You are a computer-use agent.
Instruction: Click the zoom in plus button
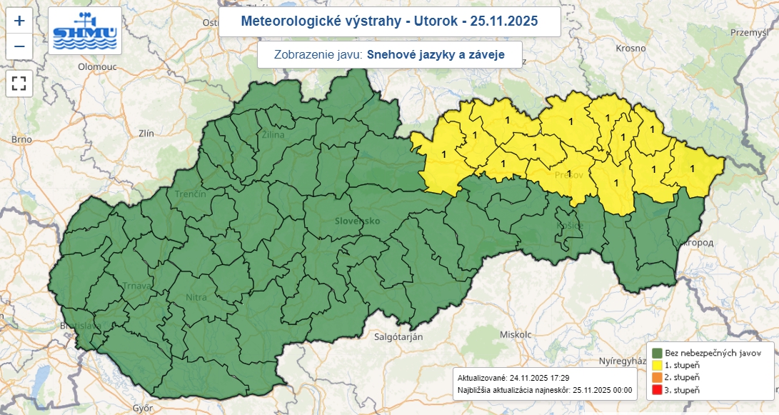pyautogui.click(x=19, y=21)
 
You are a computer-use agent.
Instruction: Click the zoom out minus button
pyautogui.click(x=19, y=47)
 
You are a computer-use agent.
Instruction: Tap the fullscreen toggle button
pyautogui.click(x=19, y=83)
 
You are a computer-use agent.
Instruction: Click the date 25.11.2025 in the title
pyautogui.click(x=500, y=21)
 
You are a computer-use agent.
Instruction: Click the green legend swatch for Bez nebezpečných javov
pyautogui.click(x=658, y=353)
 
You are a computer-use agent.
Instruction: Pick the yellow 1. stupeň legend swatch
pyautogui.click(x=658, y=365)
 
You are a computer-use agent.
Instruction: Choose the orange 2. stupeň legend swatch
pyautogui.click(x=658, y=377)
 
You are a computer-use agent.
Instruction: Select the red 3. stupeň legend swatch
pyautogui.click(x=658, y=389)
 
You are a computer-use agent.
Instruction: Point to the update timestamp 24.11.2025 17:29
pyautogui.click(x=539, y=377)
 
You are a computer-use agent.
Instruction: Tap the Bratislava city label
pyautogui.click(x=79, y=326)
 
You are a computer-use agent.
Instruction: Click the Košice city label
pyautogui.click(x=570, y=226)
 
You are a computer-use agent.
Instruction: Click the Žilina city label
pyautogui.click(x=273, y=134)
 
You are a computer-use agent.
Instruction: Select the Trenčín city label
pyautogui.click(x=191, y=194)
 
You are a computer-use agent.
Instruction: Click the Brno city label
pyautogui.click(x=21, y=139)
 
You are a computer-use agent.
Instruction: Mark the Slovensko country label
pyautogui.click(x=357, y=221)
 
